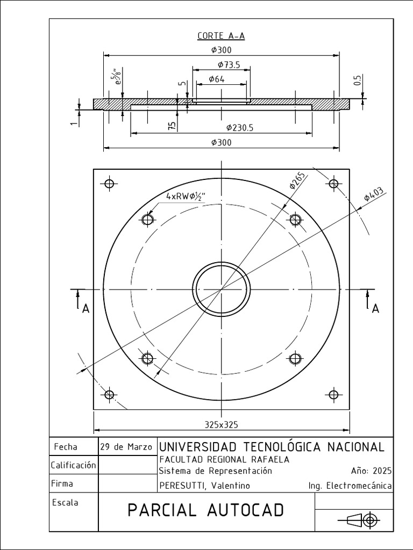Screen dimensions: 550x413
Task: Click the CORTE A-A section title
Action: tap(221, 36)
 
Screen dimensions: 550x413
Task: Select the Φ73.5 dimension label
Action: tap(229, 64)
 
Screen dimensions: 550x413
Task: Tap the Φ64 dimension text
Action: tap(217, 79)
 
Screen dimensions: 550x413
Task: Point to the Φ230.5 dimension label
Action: tap(240, 127)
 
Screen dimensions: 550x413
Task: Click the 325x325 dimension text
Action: tap(221, 424)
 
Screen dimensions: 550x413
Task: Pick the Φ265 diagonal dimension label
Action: tap(297, 180)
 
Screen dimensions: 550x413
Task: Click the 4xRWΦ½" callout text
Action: tap(186, 196)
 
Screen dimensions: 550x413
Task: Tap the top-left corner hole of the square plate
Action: tap(110, 184)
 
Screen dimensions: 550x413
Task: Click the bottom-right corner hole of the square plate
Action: tap(333, 395)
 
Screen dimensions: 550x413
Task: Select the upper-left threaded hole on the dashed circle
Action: tap(148, 219)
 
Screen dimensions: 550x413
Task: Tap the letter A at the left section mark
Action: tap(85, 309)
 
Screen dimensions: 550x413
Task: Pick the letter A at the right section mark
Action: tap(376, 308)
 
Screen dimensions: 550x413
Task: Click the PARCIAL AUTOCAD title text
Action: tap(205, 510)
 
